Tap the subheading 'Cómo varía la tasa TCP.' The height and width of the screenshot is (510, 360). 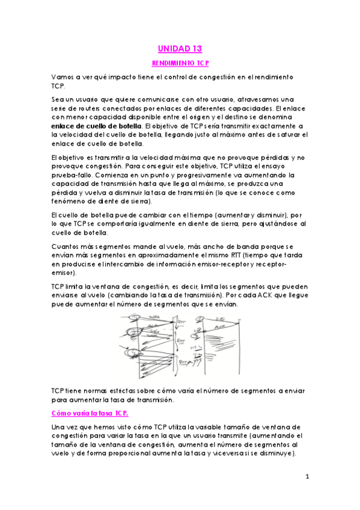[90, 413]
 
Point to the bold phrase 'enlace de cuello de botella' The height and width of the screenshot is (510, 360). [97, 126]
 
